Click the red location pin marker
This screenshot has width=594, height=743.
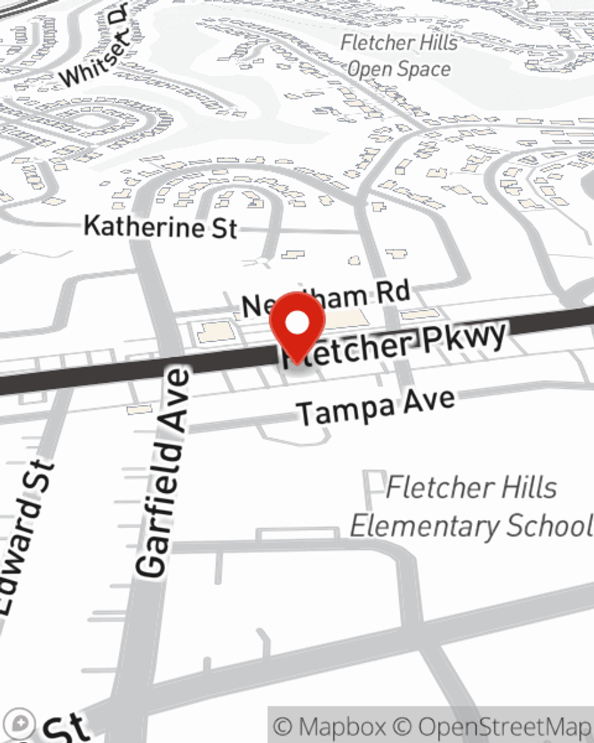pyautogui.click(x=297, y=327)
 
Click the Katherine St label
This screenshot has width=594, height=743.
pyautogui.click(x=160, y=227)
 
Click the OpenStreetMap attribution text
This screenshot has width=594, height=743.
pyautogui.click(x=504, y=727)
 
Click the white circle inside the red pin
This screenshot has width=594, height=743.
pyautogui.click(x=297, y=323)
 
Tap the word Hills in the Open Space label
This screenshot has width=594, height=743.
pyautogui.click(x=433, y=43)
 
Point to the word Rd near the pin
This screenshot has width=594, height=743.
pyautogui.click(x=391, y=292)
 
